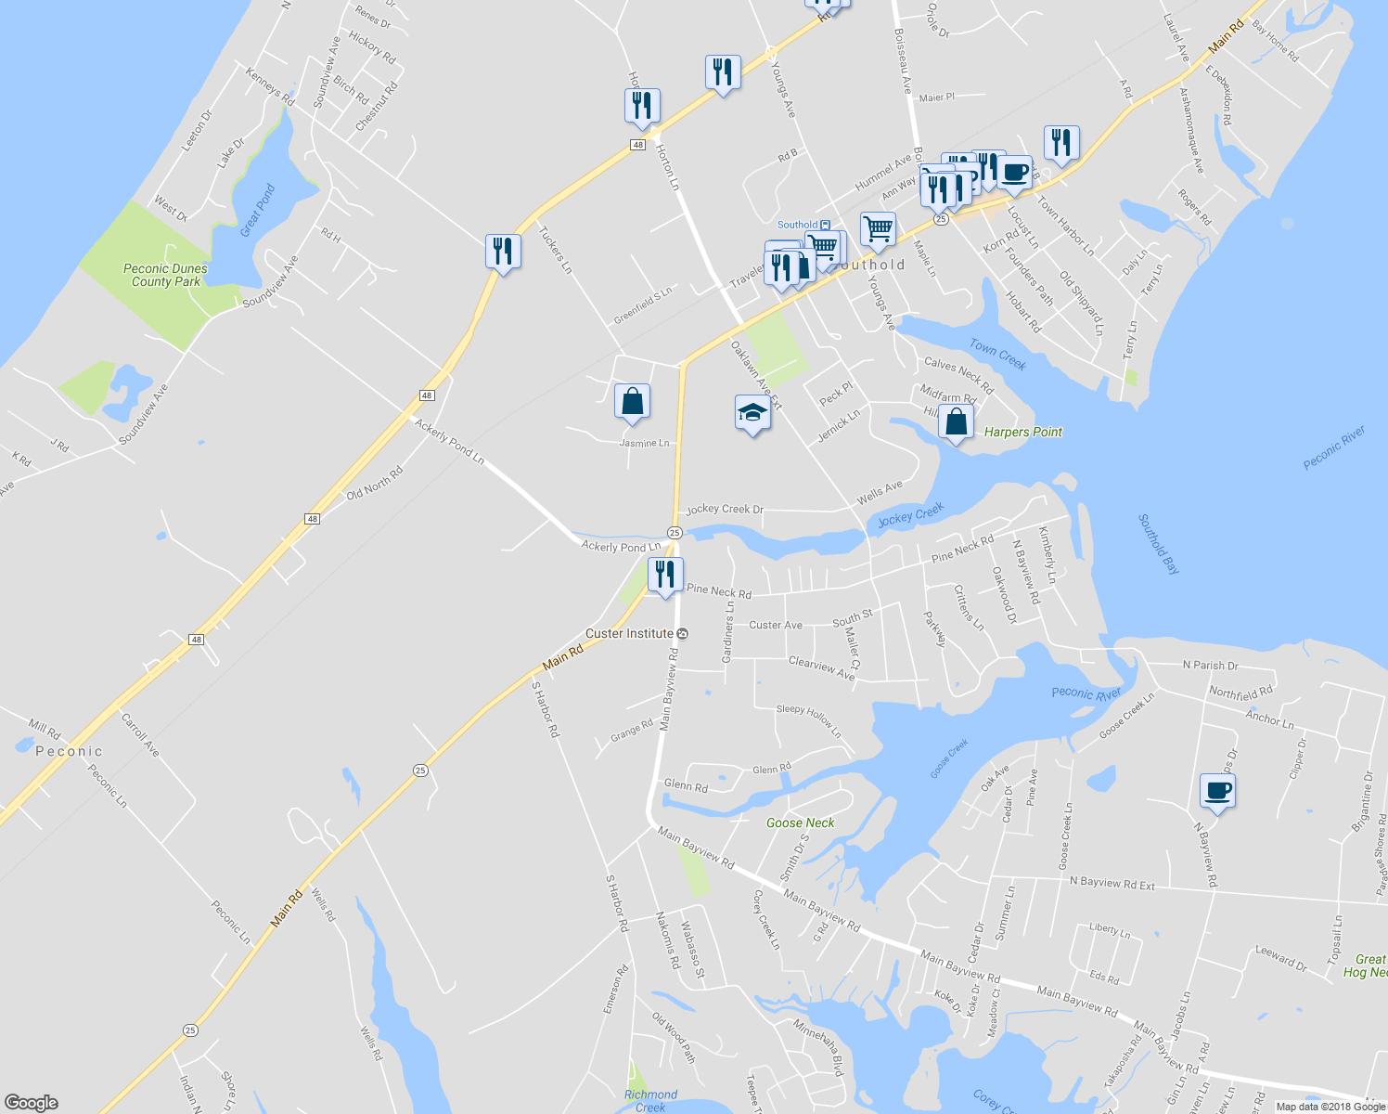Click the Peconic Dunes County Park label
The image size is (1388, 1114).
point(166,275)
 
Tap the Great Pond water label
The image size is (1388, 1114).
point(257,211)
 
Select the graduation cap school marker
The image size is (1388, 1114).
point(752,413)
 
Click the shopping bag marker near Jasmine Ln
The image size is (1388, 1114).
point(632,402)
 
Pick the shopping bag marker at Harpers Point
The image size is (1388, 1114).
point(956,422)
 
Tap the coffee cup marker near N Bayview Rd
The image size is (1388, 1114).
point(1217,791)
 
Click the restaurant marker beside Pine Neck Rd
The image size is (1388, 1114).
point(665,575)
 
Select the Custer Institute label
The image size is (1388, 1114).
point(630,633)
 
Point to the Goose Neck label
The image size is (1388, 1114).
point(800,823)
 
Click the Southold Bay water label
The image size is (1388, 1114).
point(1159,544)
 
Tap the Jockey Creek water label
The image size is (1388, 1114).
point(910,514)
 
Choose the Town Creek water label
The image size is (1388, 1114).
point(997,354)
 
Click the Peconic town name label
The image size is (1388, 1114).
point(69,751)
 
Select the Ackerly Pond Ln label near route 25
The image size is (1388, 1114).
point(621,547)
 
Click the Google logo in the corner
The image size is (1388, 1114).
point(31,1103)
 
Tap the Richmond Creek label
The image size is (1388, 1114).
point(650,1100)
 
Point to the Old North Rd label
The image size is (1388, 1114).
point(375,484)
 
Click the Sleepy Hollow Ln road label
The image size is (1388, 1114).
point(809,720)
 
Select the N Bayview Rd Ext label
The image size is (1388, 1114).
point(1112,884)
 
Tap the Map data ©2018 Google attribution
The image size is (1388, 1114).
point(1330,1106)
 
